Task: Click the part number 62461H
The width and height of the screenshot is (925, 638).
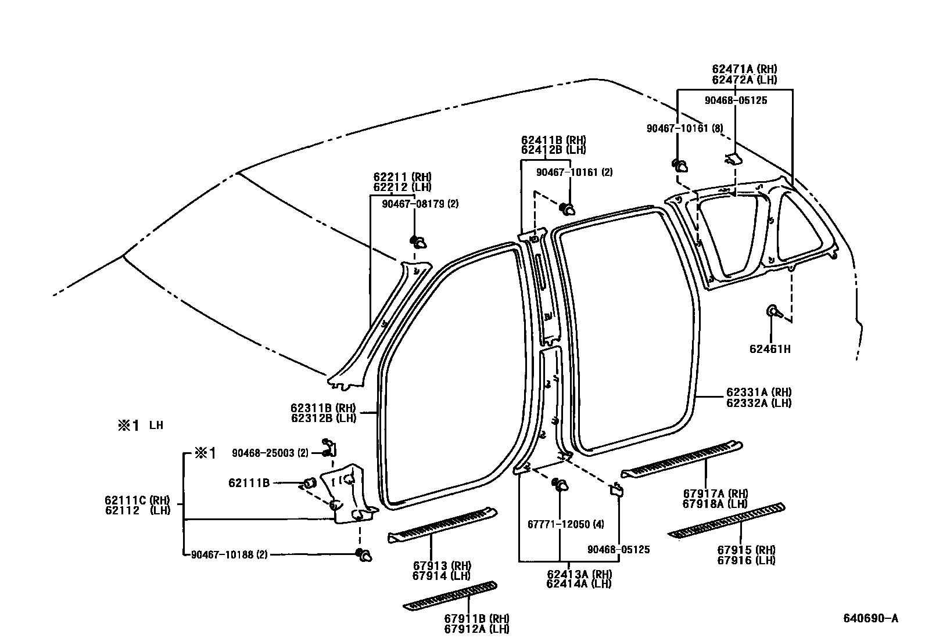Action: (770, 349)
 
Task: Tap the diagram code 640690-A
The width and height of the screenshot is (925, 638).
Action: (871, 618)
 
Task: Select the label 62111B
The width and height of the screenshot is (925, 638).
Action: (249, 482)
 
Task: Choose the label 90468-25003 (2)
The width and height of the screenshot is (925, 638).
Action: (270, 453)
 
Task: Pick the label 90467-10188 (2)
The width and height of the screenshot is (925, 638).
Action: (229, 554)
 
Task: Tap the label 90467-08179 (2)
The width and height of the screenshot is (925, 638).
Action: (420, 204)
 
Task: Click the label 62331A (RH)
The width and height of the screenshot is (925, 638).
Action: (759, 392)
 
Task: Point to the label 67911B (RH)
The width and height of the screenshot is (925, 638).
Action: (476, 618)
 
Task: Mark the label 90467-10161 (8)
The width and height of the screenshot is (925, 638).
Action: (684, 128)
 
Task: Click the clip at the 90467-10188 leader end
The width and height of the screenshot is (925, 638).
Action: (364, 554)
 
